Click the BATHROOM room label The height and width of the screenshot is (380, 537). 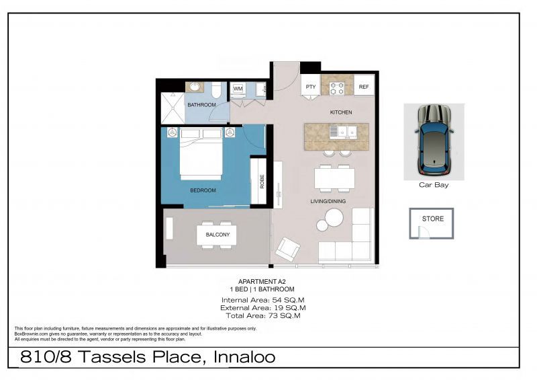(201, 105)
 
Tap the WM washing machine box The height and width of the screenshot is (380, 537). (238, 89)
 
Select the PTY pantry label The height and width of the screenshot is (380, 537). (310, 87)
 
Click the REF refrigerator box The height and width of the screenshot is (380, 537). (363, 87)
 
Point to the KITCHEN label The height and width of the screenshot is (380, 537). (340, 112)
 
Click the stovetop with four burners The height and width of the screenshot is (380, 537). (337, 87)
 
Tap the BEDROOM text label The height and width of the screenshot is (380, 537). (203, 190)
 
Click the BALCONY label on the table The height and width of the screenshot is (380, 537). (217, 235)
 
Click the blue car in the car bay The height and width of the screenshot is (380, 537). (434, 139)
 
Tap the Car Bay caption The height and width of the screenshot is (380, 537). (434, 185)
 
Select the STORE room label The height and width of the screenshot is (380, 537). (432, 219)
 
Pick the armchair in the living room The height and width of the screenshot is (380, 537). (288, 249)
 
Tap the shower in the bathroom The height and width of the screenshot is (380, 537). (172, 108)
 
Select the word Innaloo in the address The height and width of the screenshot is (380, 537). (243, 356)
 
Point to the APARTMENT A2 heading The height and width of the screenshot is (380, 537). (258, 282)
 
